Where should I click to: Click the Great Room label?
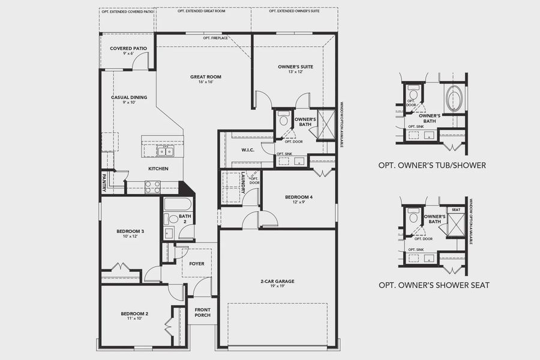coord(206,77)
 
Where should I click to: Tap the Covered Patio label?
coord(128,48)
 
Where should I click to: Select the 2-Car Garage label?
coord(277,281)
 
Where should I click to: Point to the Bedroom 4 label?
coord(298,197)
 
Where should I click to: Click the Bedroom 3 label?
coord(130,231)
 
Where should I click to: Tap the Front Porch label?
coord(202,312)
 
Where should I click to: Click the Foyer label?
coord(196,263)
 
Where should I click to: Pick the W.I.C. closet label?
coord(248,150)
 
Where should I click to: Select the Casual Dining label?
coord(129,97)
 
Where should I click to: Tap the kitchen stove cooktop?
coord(152,187)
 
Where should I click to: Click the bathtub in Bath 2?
coord(178,204)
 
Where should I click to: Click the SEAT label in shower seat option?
coord(456,210)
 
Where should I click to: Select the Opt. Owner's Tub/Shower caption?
coord(432,165)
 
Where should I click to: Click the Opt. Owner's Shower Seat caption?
coord(433,285)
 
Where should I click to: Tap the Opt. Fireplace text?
coord(215,38)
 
